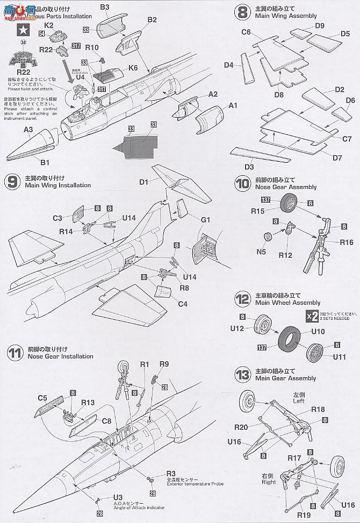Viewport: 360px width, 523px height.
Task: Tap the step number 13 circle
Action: tap(242, 374)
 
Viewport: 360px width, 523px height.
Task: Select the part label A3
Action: tap(28, 129)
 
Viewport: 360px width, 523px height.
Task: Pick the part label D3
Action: tap(249, 167)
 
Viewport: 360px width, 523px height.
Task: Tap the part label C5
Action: tap(43, 398)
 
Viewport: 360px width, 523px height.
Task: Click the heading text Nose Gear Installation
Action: tap(59, 356)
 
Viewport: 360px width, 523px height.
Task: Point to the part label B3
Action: tap(105, 7)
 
